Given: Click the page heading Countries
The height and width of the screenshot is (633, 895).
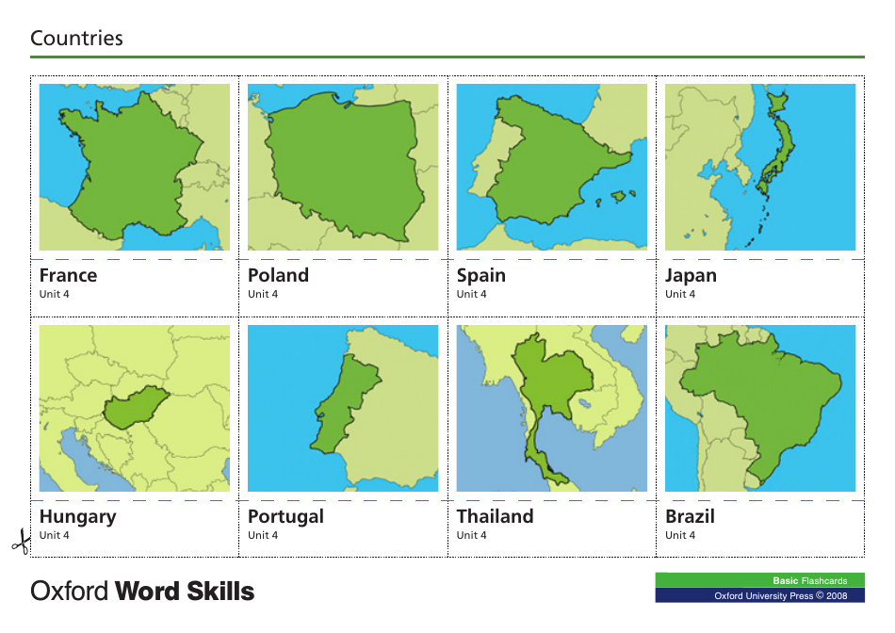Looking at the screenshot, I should point(76,39).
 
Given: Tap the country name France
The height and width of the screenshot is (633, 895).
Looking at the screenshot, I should point(68,275).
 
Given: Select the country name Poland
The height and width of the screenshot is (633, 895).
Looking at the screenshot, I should point(278,275).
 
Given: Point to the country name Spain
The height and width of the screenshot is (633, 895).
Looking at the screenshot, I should point(480,275).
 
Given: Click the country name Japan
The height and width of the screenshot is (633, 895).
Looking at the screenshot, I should point(691,275).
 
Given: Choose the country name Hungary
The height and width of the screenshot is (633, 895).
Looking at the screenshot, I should point(77,516).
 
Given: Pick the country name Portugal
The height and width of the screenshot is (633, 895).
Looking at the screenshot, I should point(285,516).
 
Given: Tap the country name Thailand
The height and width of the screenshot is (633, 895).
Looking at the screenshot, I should point(495,516).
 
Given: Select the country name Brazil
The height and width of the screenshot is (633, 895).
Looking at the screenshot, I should point(690,516).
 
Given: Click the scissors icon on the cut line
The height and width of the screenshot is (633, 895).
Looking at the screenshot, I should point(19,543).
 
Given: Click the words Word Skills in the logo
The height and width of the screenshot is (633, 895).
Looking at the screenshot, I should point(185,592).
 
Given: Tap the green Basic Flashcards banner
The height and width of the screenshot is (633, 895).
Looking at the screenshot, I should point(759,580).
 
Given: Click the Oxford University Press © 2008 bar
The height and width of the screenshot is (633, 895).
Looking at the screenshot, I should point(759,595).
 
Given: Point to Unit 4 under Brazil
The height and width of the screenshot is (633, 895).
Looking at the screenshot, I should point(681,536).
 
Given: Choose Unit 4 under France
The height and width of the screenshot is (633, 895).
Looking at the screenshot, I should point(55,295).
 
